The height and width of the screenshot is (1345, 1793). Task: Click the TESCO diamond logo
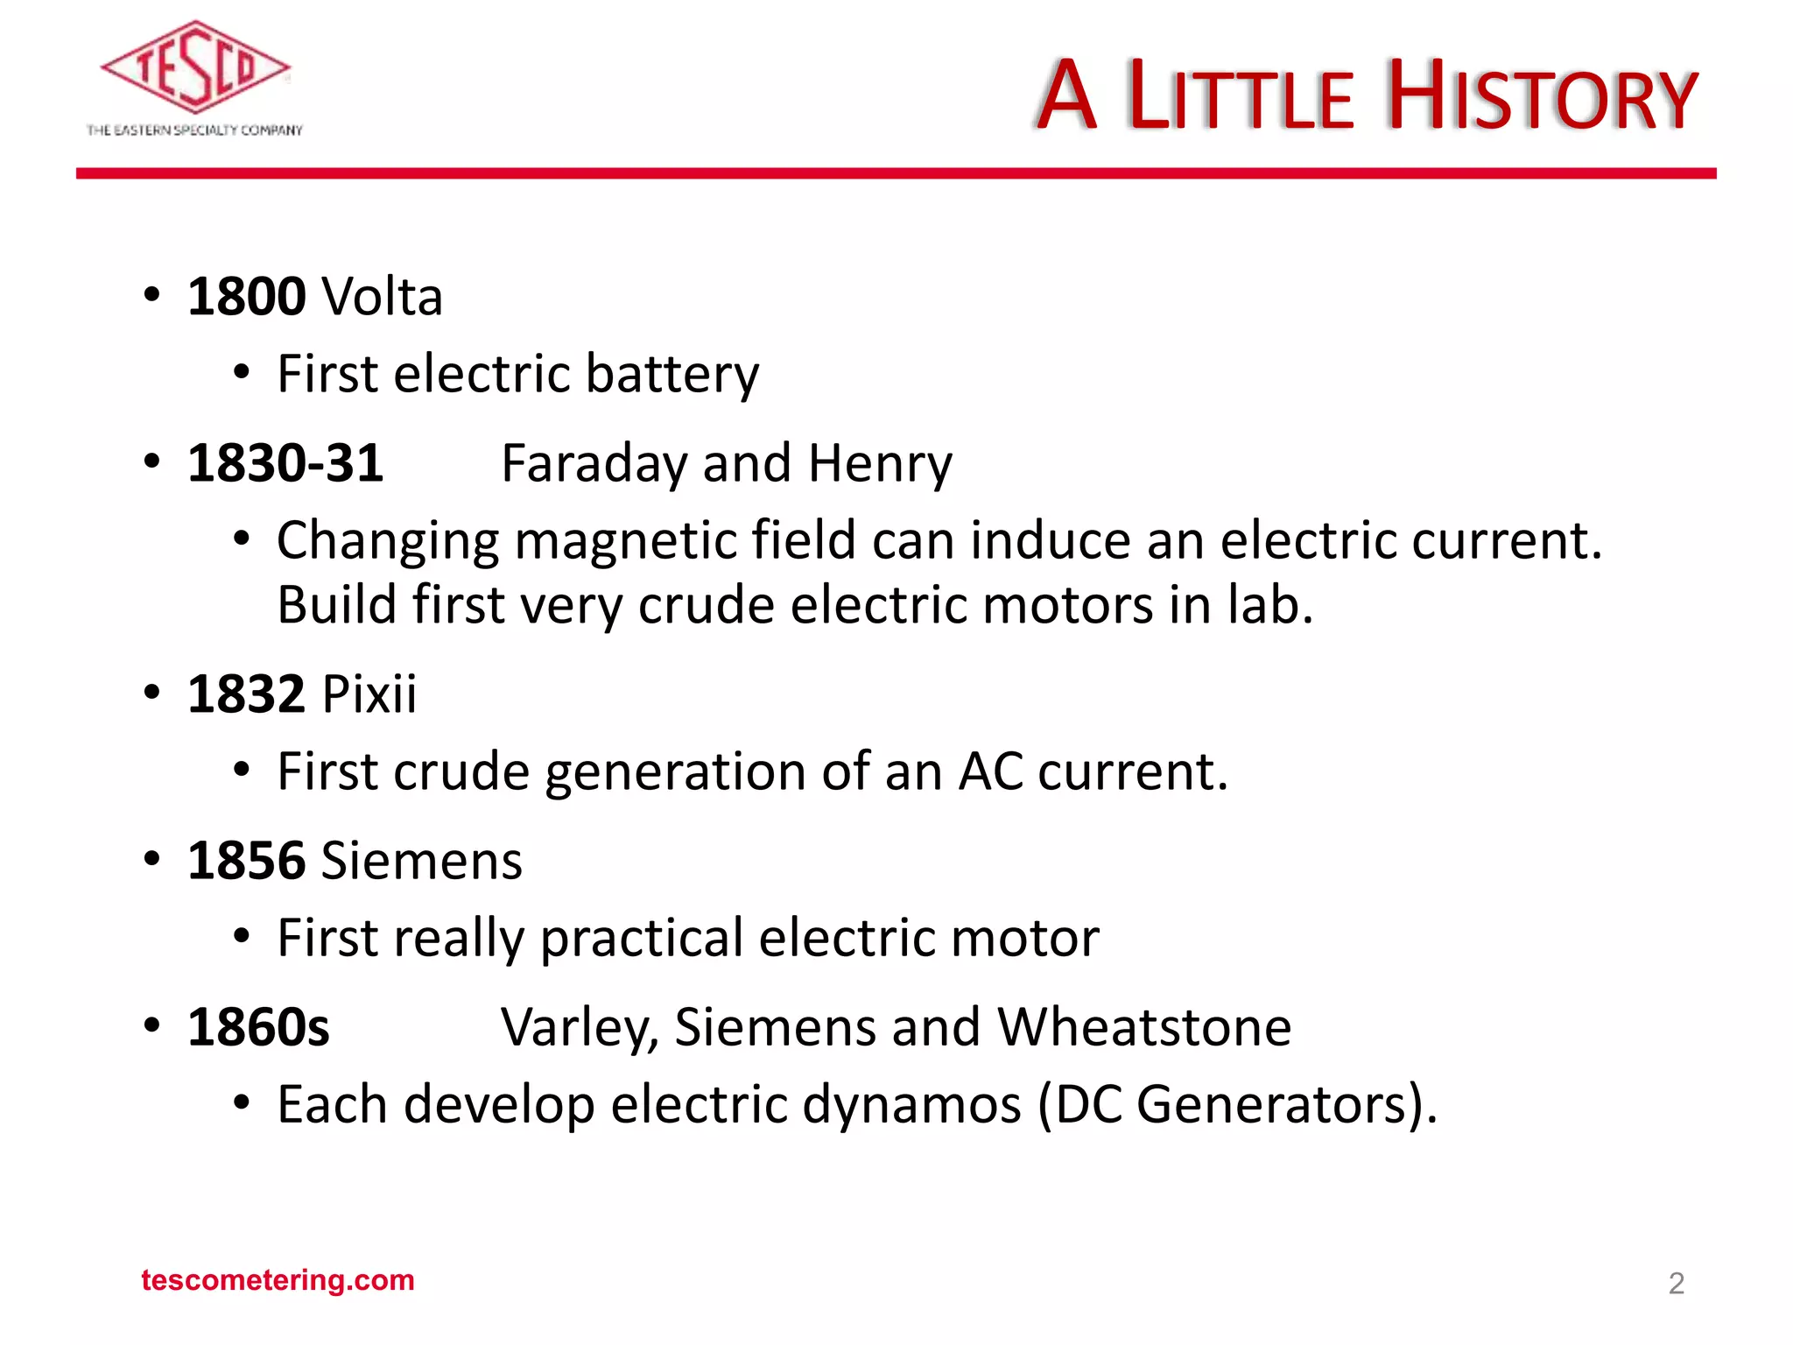pyautogui.click(x=194, y=67)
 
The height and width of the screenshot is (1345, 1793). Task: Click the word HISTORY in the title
pyautogui.click(x=1542, y=96)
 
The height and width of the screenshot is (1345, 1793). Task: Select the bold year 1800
pyautogui.click(x=246, y=296)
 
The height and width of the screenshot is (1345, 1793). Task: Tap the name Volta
pyautogui.click(x=382, y=296)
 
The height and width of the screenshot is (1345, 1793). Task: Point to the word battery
pyautogui.click(x=671, y=374)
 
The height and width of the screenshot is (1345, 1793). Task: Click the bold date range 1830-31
pyautogui.click(x=285, y=462)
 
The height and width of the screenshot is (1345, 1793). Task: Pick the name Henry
pyautogui.click(x=879, y=464)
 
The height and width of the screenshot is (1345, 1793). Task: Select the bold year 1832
pyautogui.click(x=246, y=694)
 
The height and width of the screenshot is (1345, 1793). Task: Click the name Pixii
pyautogui.click(x=369, y=694)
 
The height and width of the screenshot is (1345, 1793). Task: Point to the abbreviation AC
pyautogui.click(x=990, y=771)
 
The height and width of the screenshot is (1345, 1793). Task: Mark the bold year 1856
pyautogui.click(x=246, y=860)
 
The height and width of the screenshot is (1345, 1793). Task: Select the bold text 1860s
pyautogui.click(x=258, y=1026)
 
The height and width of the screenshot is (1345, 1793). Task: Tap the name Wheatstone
pyautogui.click(x=1143, y=1026)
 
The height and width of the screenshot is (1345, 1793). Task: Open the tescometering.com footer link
pyautogui.click(x=278, y=1280)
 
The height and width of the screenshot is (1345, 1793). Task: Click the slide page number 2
pyautogui.click(x=1676, y=1284)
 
